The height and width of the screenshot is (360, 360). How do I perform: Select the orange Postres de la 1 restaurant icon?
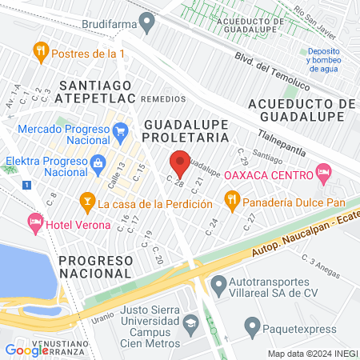[x=40, y=53]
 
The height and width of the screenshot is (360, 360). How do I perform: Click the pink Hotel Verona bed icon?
[x=34, y=220]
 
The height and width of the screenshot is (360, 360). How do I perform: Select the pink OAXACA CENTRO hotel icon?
[x=323, y=170]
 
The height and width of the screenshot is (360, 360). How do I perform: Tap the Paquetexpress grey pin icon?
[x=251, y=326]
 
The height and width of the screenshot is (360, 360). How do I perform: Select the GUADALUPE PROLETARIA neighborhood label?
[x=186, y=131]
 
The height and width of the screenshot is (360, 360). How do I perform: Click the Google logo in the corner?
[x=26, y=350]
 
